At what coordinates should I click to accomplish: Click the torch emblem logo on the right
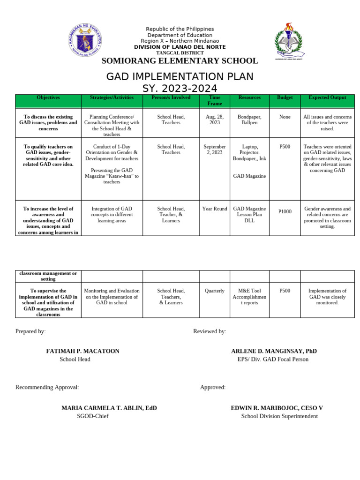click(288, 41)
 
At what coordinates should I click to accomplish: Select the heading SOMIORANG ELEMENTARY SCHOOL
click(180, 61)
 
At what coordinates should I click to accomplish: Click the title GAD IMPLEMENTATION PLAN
click(180, 76)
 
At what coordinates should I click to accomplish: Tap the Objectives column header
click(48, 97)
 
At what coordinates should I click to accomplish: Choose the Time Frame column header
click(214, 100)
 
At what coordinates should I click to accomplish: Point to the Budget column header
click(285, 97)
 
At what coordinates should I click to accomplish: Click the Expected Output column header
click(327, 97)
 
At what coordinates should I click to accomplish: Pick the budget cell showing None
click(285, 117)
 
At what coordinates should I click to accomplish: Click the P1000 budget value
click(285, 212)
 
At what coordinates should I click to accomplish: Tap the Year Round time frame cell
click(214, 209)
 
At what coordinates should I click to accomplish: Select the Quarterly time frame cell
click(214, 291)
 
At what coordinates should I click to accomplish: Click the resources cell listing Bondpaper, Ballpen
click(249, 120)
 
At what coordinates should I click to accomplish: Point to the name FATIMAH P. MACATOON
click(82, 351)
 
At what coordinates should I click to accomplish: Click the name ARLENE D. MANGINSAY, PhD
click(274, 351)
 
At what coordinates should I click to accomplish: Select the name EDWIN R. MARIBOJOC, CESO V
click(277, 408)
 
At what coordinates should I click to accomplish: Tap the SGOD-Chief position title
click(92, 416)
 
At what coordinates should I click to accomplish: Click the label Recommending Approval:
click(47, 387)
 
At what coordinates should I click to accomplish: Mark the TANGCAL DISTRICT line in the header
click(180, 53)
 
